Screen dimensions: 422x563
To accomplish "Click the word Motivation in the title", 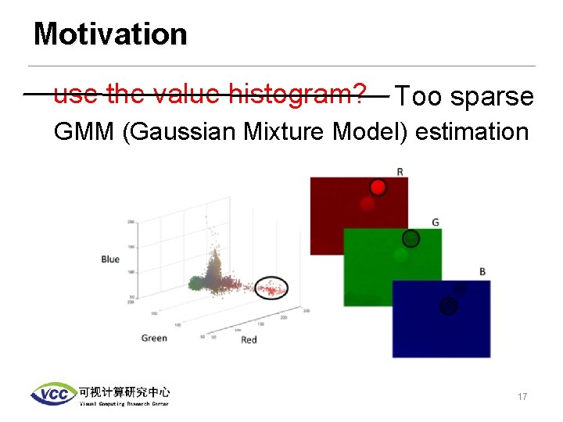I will [110, 34].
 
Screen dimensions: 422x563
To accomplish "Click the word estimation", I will [472, 131].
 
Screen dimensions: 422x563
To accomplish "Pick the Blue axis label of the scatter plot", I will [110, 259].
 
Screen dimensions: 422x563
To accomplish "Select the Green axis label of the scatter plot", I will [154, 338].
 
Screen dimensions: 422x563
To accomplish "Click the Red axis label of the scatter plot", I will [249, 339].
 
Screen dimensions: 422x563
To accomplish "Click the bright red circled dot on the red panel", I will [378, 188].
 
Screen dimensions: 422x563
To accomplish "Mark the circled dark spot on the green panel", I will [411, 238].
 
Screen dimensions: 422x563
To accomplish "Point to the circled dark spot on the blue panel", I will [448, 306].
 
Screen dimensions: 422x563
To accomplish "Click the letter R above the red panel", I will [400, 171].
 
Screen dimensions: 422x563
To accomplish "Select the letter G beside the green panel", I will [436, 223].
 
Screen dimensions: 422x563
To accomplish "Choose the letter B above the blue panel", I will [482, 272].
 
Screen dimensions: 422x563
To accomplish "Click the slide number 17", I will [522, 397].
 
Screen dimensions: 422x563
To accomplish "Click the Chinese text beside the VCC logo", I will [124, 391].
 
